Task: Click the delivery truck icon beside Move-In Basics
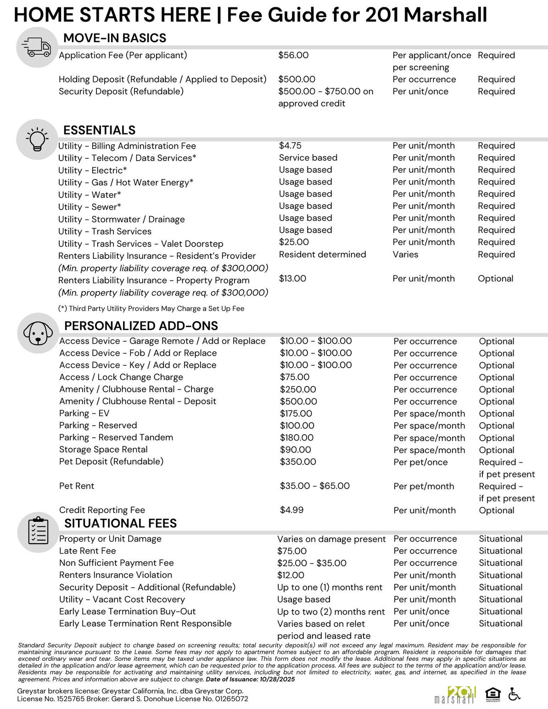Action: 36,47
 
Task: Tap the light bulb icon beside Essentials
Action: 37,138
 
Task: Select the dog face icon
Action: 38,333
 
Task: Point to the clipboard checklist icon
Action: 38,531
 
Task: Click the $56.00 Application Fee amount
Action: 293,56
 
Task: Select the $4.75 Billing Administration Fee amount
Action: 290,145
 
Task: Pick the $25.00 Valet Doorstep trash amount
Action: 294,242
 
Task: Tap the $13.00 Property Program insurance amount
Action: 292,279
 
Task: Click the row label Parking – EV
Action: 84,413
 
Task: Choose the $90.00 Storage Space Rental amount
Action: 296,450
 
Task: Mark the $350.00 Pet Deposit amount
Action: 298,462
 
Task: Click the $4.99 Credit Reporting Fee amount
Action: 291,510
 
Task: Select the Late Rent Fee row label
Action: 88,551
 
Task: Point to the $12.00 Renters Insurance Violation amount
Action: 291,575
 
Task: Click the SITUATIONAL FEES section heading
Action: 120,523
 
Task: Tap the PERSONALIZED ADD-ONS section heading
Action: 141,326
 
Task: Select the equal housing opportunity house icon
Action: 492,695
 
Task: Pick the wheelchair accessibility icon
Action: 514,694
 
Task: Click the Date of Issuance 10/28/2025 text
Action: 250,679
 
